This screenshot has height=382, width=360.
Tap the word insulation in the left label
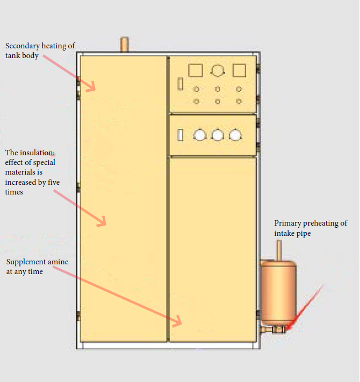click(36, 153)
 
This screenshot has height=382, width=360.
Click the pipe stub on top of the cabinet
click(124, 44)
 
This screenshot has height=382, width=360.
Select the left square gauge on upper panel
click(196, 70)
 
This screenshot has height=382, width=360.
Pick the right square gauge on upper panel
click(239, 70)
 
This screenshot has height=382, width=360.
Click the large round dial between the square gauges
click(218, 70)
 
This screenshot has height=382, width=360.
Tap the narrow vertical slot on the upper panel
click(181, 83)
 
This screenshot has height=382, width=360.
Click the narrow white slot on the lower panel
click(181, 135)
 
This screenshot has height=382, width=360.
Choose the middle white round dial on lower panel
click(218, 135)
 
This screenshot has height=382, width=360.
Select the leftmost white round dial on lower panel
click(200, 135)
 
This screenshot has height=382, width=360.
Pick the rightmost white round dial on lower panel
click(235, 135)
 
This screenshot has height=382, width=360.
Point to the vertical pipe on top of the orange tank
click(279, 250)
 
